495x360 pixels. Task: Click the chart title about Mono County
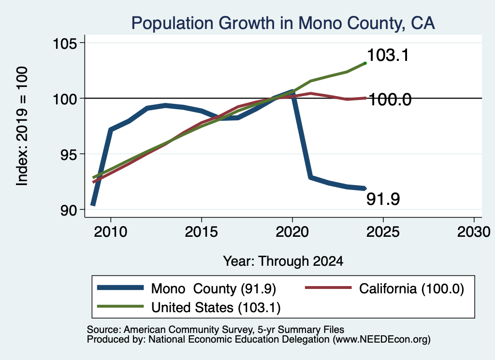pos(283,23)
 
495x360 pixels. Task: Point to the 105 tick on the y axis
pos(65,43)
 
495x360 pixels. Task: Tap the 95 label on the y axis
pos(69,154)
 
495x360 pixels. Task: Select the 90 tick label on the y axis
pos(69,210)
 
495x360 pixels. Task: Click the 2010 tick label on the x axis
pos(111,232)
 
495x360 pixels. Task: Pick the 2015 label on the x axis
pos(202,232)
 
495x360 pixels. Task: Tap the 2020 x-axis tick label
pos(292,232)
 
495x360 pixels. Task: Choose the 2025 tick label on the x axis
pos(383,232)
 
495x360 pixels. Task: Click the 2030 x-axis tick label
pos(474,232)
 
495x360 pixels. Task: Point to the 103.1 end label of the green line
pos(388,55)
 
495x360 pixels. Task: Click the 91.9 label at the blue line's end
pos(383,199)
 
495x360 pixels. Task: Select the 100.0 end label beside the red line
pos(390,100)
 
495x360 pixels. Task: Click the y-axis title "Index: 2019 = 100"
pos(22,126)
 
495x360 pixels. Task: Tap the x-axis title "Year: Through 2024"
pos(283,261)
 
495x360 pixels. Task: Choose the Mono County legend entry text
pos(214,288)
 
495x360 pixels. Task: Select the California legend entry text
pos(412,288)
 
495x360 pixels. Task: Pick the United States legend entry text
pos(216,308)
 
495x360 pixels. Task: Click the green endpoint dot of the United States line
pos(365,63)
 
